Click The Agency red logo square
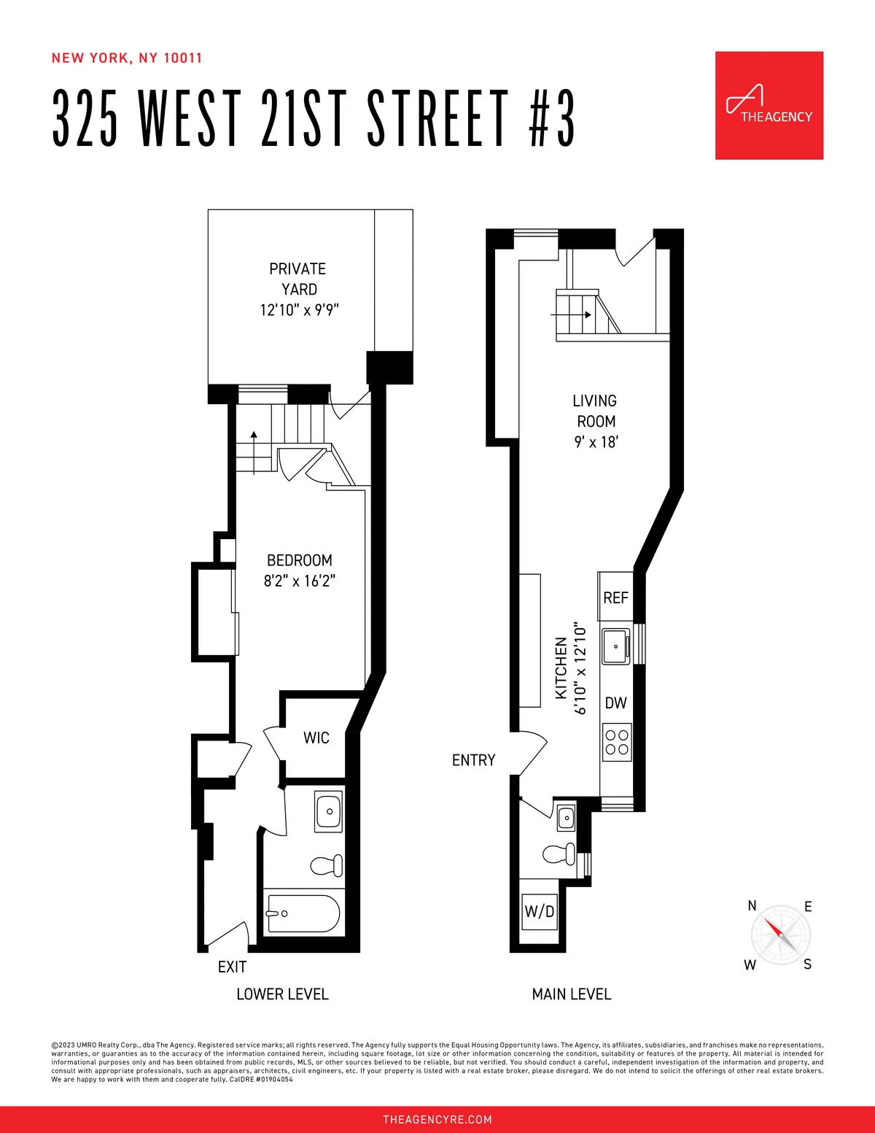pos(769,105)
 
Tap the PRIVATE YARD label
pos(298,279)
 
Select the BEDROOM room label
pos(300,560)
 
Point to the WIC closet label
pos(316,738)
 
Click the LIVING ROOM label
pos(595,411)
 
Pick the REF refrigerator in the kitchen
pos(615,598)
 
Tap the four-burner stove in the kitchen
pos(617,742)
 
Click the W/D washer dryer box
pos(540,911)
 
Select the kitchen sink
pos(616,646)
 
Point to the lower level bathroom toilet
pos(327,866)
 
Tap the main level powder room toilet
pos(559,854)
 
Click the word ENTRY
pos(473,760)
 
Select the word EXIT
pos(232,967)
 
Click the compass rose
pos(780,935)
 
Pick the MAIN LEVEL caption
pos(572,994)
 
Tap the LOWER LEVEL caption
pos(282,994)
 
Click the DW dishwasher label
pos(616,703)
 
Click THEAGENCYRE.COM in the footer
pos(437,1119)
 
